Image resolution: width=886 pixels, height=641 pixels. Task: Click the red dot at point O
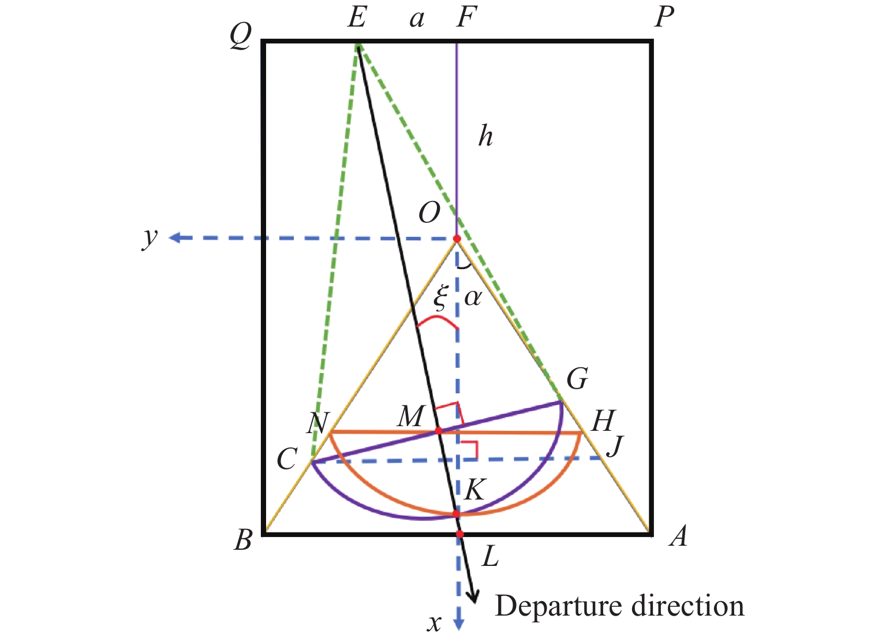457,238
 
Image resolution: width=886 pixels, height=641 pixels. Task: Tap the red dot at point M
438,430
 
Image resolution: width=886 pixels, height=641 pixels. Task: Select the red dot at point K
456,513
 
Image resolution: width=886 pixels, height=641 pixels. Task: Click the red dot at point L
459,534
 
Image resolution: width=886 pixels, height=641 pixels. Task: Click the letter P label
664,17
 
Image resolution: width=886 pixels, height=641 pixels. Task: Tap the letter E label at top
356,18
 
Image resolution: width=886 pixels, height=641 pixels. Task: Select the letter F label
466,18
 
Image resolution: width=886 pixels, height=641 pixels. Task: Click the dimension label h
486,136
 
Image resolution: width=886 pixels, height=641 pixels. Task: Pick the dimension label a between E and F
417,20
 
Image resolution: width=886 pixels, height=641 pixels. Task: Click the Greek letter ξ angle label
440,297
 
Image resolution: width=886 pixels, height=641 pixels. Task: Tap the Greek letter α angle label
473,297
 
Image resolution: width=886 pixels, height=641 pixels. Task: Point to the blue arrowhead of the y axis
174,238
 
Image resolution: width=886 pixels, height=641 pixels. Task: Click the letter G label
577,379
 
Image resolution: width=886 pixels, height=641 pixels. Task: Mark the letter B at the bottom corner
243,540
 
